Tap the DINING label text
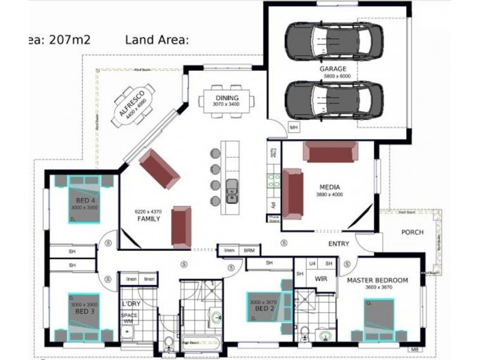pos(225,98)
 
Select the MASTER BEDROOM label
pos(377,280)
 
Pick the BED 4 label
pos(84,200)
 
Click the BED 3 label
pos(83,311)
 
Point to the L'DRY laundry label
pos(131,304)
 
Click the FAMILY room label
pos(148,219)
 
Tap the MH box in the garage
pos(293,128)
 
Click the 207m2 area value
pos(65,40)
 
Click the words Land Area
pos(157,40)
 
